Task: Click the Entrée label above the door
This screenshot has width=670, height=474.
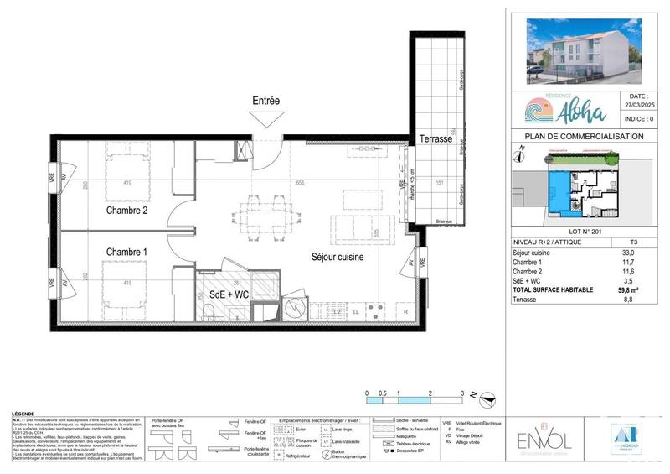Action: tap(265, 101)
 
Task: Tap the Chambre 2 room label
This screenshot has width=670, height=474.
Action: tap(127, 211)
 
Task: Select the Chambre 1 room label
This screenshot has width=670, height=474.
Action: tap(127, 252)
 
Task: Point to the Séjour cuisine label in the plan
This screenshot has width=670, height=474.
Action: tap(338, 258)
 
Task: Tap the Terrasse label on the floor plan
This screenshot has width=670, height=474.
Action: tap(436, 141)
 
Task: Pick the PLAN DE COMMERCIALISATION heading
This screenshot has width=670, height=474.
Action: tap(584, 137)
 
